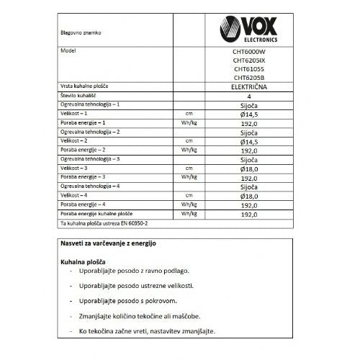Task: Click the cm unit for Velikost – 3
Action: pos(189,167)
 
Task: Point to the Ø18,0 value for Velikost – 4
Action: pos(248,195)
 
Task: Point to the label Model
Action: pos(68,53)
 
